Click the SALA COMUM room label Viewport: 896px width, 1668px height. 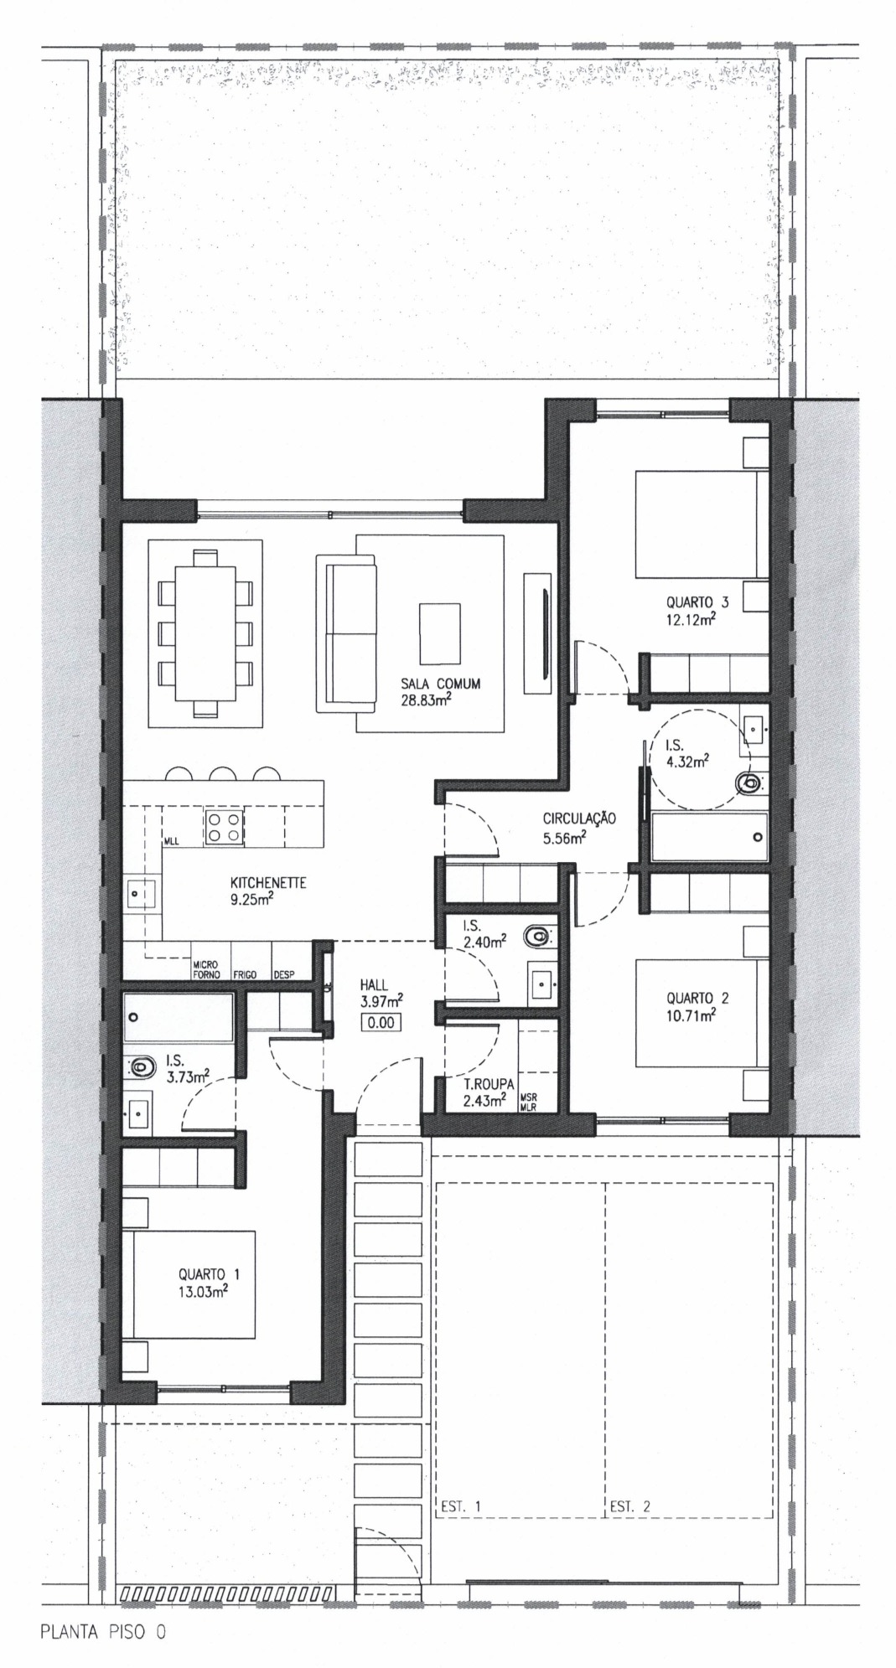pyautogui.click(x=441, y=684)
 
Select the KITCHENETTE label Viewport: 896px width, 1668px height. pyautogui.click(x=268, y=882)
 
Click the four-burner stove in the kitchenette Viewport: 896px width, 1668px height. pyautogui.click(x=224, y=828)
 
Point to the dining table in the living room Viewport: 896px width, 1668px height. pyautogui.click(x=205, y=633)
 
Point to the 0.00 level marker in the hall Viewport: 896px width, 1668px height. pyautogui.click(x=380, y=1022)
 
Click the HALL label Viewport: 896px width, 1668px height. pyautogui.click(x=374, y=985)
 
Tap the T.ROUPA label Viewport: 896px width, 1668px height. pyautogui.click(x=489, y=1084)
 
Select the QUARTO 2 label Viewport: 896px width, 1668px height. pyautogui.click(x=697, y=998)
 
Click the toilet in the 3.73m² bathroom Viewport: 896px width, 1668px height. pyautogui.click(x=144, y=1066)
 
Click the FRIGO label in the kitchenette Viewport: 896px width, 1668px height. pyautogui.click(x=245, y=975)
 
